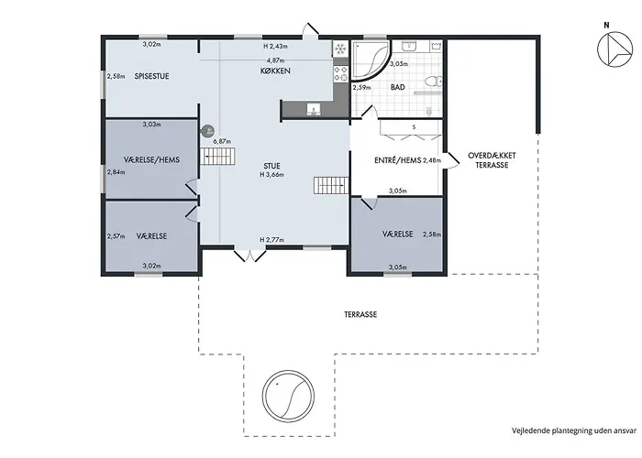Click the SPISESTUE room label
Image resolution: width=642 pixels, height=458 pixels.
click(x=151, y=76)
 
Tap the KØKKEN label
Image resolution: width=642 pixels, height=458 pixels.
click(x=275, y=71)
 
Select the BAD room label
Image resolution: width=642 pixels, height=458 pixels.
click(x=397, y=87)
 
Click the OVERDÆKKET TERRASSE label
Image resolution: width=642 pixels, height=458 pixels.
click(x=492, y=160)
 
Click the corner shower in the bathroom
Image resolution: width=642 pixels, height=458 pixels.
click(x=371, y=60)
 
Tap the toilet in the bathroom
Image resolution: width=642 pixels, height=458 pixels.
click(x=433, y=82)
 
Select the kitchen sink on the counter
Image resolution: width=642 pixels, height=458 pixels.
click(x=314, y=109)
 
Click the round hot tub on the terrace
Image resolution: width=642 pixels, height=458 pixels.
click(x=288, y=396)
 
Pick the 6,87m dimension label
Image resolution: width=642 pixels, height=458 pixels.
click(x=221, y=141)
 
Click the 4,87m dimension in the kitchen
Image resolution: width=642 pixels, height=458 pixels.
click(x=275, y=60)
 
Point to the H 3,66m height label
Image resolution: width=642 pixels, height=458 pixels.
click(x=271, y=175)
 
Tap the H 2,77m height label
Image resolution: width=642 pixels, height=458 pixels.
click(x=271, y=240)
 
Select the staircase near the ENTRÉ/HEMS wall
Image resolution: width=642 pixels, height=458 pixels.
click(x=331, y=186)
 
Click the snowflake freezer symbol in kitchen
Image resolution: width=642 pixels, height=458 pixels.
click(x=339, y=49)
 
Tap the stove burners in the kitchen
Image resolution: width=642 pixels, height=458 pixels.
click(x=340, y=73)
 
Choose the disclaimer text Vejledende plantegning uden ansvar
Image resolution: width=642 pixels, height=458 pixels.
click(x=574, y=431)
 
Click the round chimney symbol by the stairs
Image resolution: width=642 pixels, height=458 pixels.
click(x=207, y=131)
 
